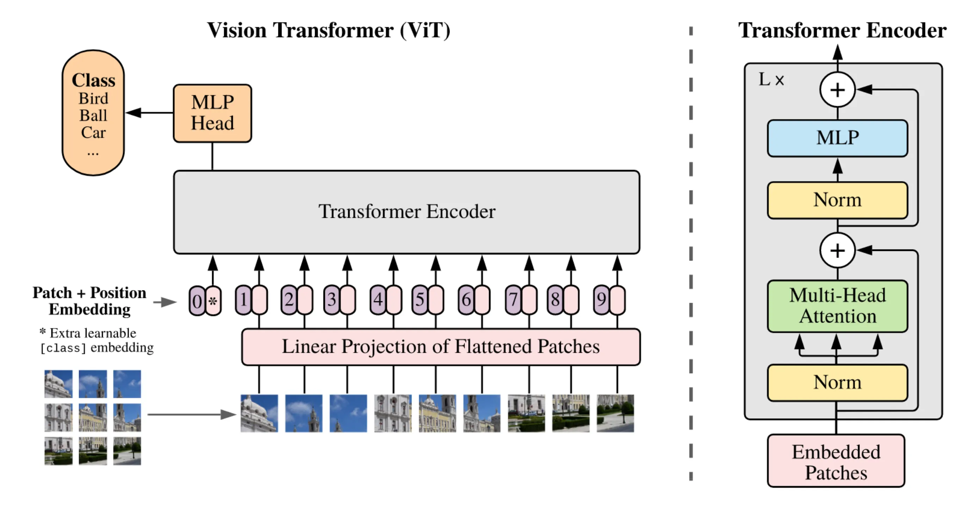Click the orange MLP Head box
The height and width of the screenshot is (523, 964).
[x=212, y=113]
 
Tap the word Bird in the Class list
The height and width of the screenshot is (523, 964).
[x=93, y=98]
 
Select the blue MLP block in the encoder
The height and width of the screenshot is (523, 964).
[x=837, y=138]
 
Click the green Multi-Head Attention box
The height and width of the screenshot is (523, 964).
[x=837, y=306]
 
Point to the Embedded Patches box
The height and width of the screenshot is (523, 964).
[x=836, y=462]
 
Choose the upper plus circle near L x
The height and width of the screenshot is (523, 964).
[x=837, y=90]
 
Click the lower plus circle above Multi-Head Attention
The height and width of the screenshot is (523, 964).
[x=837, y=250]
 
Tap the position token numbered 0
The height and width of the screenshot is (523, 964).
[x=197, y=301]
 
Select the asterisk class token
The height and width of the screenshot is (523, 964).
[x=213, y=301]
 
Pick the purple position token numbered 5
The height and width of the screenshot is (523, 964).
[x=420, y=300]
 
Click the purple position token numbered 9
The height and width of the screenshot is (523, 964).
[x=601, y=300]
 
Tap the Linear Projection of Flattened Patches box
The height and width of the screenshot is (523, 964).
[x=440, y=347]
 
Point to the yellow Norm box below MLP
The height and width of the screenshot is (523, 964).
[x=837, y=200]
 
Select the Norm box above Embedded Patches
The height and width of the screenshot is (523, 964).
[x=837, y=383]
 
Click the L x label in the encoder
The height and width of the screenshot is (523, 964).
[x=771, y=80]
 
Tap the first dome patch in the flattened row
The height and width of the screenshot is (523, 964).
[x=259, y=413]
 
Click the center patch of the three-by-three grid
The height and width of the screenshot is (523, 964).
[x=93, y=417]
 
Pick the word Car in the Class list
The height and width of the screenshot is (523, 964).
[x=93, y=133]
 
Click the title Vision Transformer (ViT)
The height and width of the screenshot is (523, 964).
[x=329, y=31]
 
